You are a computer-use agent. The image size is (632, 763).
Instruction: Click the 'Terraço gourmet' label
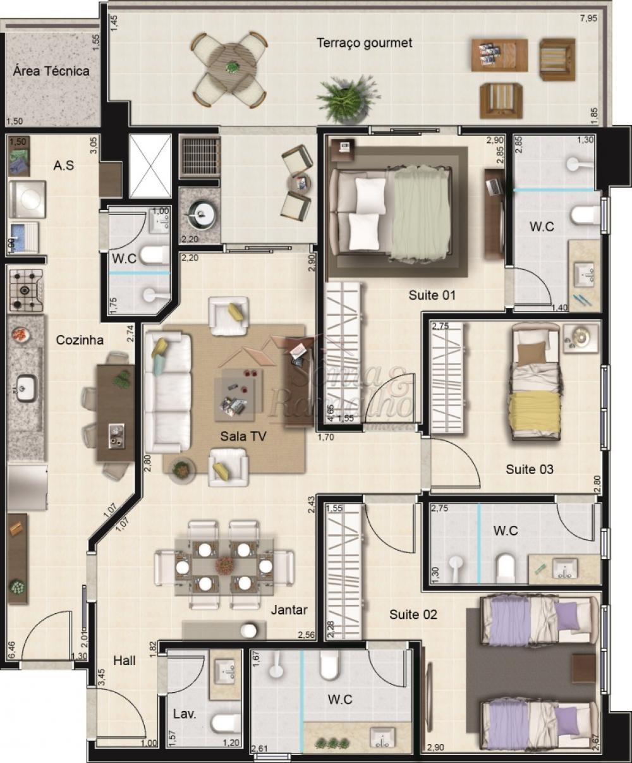[364, 43]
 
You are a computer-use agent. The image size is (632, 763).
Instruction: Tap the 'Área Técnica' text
[51, 71]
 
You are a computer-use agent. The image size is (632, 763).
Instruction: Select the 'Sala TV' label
[243, 436]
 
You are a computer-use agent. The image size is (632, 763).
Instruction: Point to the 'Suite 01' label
[432, 295]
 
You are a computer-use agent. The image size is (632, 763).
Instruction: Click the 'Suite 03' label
[530, 469]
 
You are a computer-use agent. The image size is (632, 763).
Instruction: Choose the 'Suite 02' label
[413, 614]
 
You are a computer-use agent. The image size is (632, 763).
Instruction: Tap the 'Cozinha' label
[80, 340]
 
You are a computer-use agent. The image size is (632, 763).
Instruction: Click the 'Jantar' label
[289, 610]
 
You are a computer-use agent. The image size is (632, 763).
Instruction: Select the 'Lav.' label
[185, 715]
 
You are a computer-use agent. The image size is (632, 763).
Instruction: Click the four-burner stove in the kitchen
[26, 290]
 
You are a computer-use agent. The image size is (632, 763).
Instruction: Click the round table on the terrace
[232, 67]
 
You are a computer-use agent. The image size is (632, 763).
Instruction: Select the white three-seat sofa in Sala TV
[167, 393]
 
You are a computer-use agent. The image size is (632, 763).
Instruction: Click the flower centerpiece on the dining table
[224, 565]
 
